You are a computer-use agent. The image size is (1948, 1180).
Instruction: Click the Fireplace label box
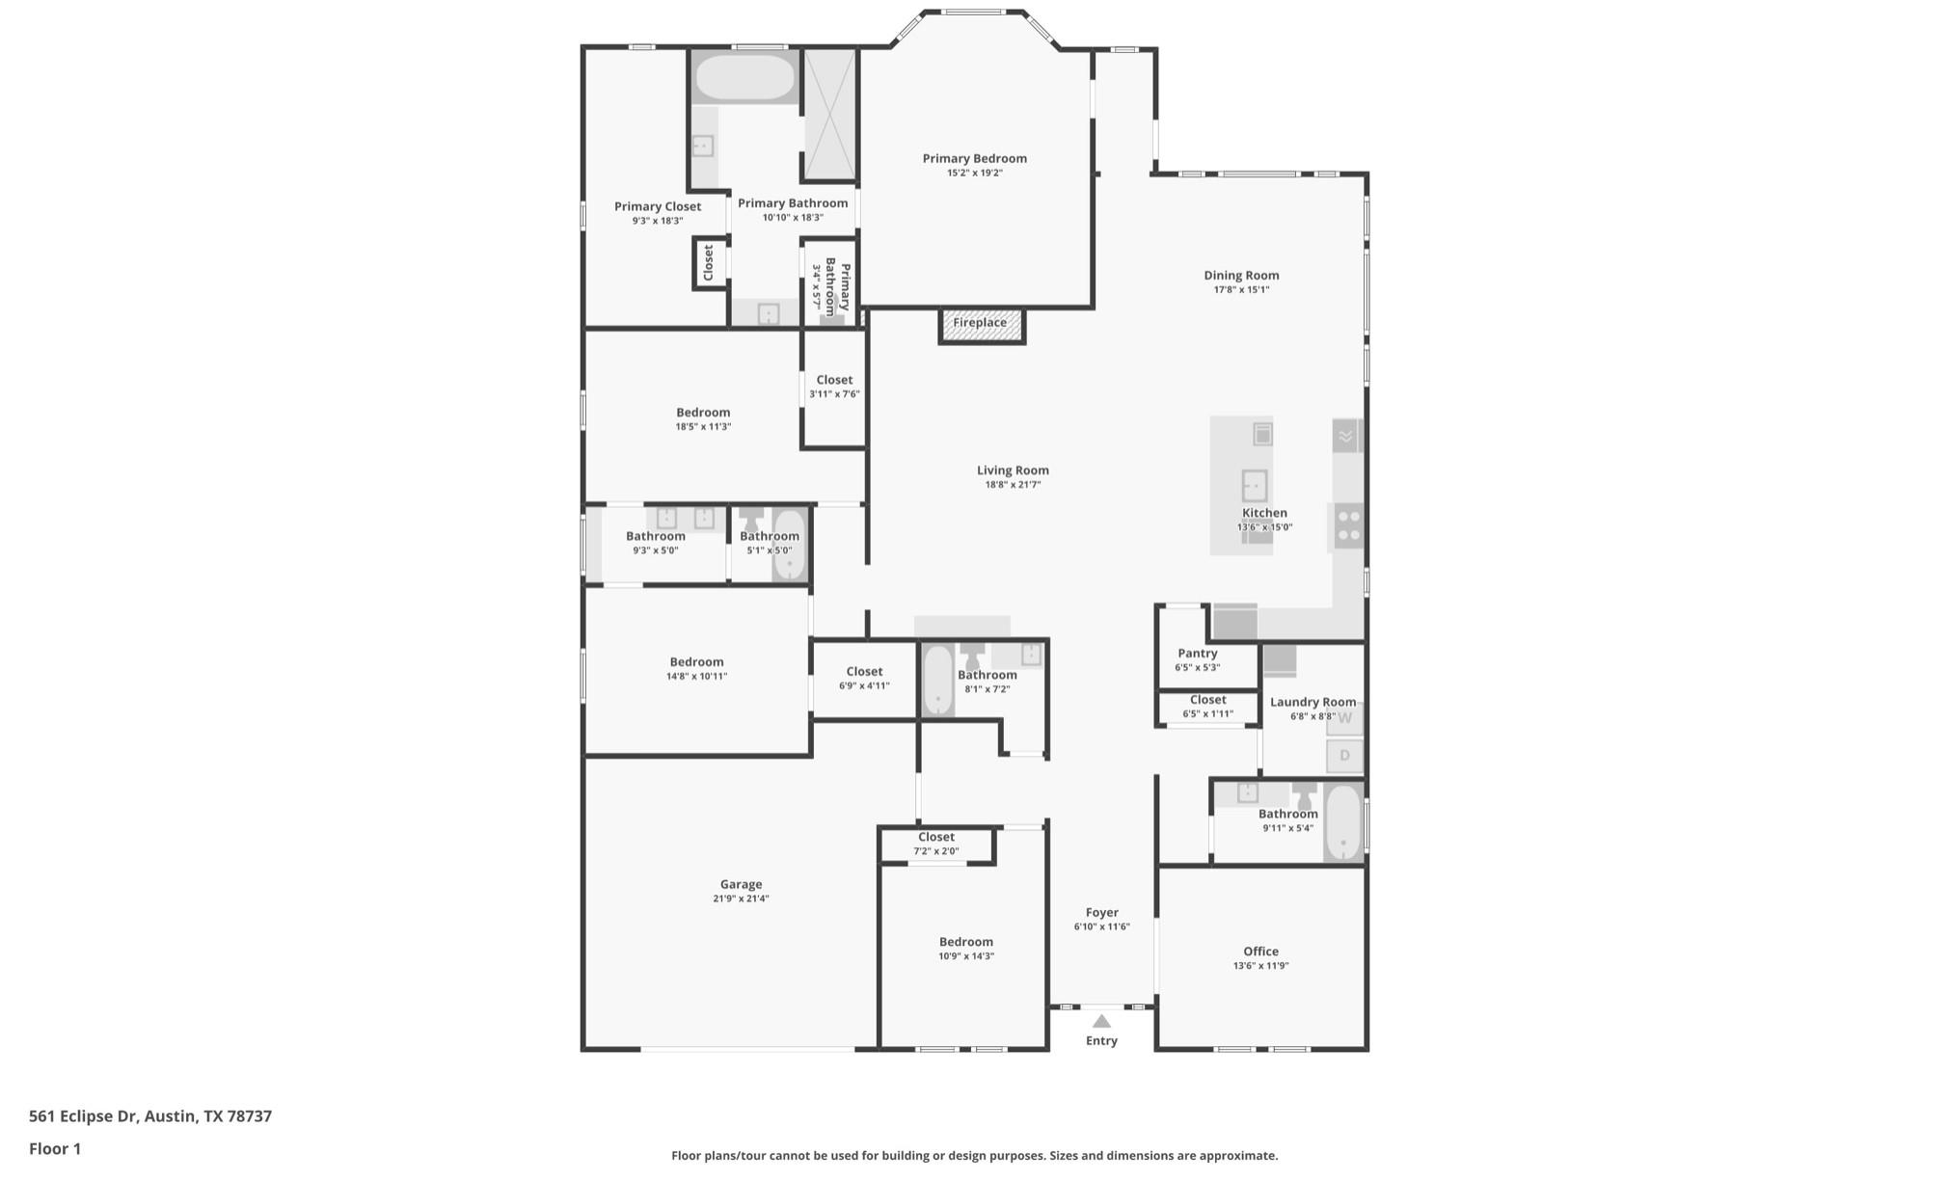click(982, 324)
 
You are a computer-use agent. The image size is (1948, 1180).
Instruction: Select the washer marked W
click(1345, 719)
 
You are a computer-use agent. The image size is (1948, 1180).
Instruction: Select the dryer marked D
click(1345, 756)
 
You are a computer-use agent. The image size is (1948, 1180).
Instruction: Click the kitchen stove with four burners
click(1349, 526)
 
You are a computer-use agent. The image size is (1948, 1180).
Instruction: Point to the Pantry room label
click(1197, 654)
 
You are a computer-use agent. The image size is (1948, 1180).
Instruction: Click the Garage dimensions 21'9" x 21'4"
click(741, 898)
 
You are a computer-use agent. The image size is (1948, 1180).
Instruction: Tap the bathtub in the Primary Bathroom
click(744, 77)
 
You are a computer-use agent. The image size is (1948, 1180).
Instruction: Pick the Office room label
click(1260, 952)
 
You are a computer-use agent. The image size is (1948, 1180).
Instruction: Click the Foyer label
click(1101, 913)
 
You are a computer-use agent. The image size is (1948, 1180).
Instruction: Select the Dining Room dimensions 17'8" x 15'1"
click(1241, 289)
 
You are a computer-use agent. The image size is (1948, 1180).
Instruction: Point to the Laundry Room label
click(1312, 703)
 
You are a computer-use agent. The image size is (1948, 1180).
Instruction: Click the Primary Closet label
click(658, 206)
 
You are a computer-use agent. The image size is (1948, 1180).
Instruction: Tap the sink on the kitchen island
click(1254, 484)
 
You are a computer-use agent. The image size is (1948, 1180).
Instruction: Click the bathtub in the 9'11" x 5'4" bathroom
click(1342, 822)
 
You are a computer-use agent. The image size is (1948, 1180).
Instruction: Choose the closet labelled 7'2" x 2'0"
click(936, 844)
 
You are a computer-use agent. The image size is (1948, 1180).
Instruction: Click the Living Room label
click(1013, 470)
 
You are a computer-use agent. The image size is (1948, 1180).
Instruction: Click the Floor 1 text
click(55, 1149)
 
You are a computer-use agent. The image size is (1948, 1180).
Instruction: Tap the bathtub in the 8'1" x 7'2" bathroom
click(937, 681)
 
